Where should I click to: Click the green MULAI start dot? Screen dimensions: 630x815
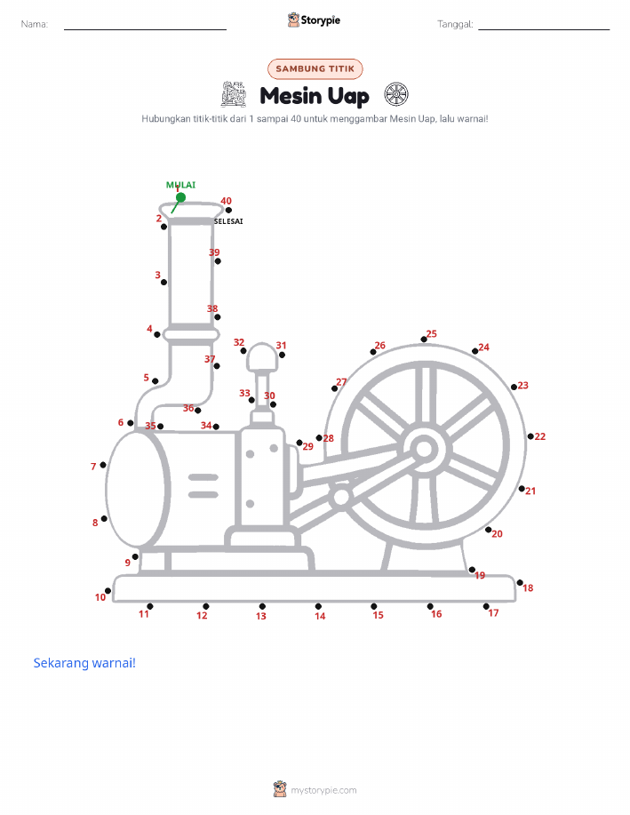[x=180, y=197]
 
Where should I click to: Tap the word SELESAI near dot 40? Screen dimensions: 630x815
[x=228, y=221]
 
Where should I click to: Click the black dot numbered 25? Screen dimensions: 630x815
[x=424, y=340]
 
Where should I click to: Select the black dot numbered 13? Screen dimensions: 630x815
[x=262, y=606]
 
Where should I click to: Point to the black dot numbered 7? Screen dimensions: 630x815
[x=103, y=465]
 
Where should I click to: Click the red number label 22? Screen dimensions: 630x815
[x=540, y=436]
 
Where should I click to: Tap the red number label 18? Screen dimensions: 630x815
[x=528, y=587]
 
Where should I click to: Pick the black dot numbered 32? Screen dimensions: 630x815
[x=243, y=351]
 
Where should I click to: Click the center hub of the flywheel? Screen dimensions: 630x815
[x=424, y=449]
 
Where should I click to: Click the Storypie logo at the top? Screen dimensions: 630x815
[x=314, y=20]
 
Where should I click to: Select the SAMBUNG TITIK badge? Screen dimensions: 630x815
[x=315, y=68]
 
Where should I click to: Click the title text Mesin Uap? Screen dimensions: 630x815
[x=315, y=96]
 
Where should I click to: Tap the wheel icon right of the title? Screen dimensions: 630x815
[x=396, y=94]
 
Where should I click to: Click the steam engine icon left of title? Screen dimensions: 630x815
[x=234, y=94]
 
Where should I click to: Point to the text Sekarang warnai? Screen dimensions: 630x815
[x=84, y=663]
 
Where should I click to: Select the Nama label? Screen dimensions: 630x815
[x=35, y=24]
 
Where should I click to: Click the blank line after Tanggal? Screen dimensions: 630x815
[x=544, y=29]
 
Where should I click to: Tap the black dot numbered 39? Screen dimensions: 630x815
[x=218, y=261]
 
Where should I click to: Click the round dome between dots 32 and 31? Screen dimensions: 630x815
[x=262, y=356]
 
